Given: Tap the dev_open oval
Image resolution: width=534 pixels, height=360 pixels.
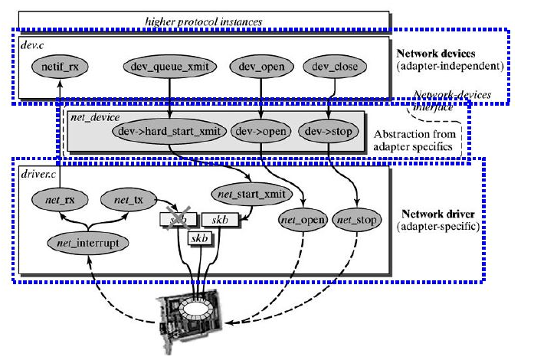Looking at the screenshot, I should [x=260, y=67].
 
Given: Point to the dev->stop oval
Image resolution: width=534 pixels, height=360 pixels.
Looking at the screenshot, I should [x=330, y=130].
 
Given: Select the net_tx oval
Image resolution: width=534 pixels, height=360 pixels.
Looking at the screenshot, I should [x=127, y=201].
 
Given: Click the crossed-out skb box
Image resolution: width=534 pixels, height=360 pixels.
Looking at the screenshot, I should [x=179, y=221].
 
